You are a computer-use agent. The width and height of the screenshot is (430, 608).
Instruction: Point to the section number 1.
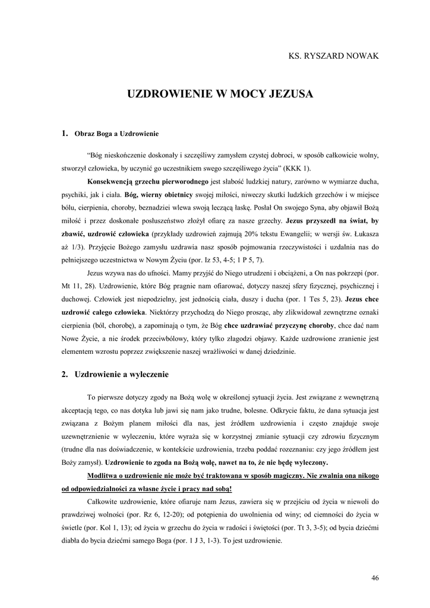(x=64, y=134)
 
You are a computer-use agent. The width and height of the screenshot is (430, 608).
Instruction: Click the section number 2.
(x=64, y=375)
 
